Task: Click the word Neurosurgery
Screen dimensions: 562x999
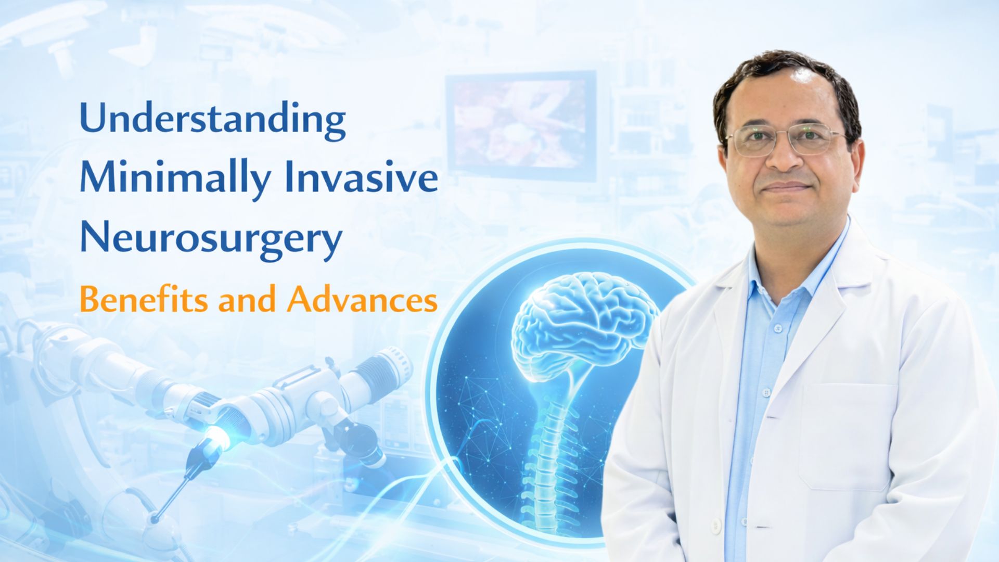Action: click(211, 238)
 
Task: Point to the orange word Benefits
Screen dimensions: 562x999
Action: click(143, 300)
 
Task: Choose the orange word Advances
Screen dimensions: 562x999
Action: click(362, 300)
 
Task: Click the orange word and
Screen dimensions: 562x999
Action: click(246, 300)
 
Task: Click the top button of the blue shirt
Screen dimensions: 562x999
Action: click(778, 329)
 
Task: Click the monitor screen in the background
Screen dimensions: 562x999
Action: click(520, 125)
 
